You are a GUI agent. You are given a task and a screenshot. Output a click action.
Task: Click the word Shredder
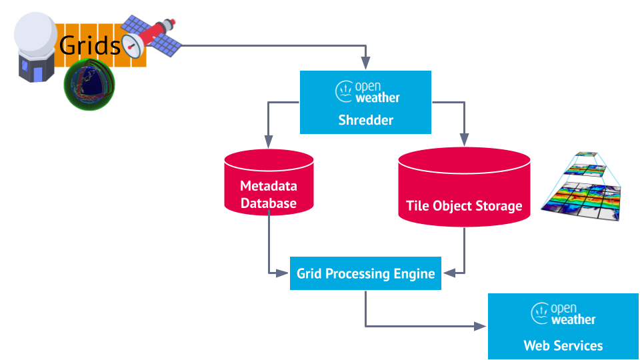(366, 120)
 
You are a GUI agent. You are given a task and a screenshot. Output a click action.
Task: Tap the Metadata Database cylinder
(269, 182)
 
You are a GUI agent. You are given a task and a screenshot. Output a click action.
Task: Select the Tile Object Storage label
(464, 206)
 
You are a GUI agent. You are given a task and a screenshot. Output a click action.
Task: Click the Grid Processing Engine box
(365, 273)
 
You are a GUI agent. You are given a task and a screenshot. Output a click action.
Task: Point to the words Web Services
(563, 346)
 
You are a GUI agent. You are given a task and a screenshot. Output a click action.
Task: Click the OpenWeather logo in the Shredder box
(367, 92)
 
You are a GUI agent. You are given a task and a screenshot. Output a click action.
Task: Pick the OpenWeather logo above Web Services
(563, 313)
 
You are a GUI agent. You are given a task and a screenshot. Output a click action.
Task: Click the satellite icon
(149, 37)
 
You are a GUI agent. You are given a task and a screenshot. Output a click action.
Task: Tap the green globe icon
(89, 85)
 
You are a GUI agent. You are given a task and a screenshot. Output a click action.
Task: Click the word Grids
(90, 45)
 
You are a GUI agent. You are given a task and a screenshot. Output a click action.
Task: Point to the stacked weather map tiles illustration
(581, 187)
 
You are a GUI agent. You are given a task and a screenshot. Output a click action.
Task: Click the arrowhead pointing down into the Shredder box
(366, 63)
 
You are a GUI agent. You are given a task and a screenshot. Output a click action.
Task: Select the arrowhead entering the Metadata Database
(269, 141)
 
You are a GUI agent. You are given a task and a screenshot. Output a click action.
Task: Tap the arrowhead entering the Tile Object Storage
(464, 139)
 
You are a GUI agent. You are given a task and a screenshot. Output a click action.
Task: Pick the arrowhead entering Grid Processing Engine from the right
(449, 273)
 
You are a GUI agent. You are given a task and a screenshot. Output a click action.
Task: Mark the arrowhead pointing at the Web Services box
(480, 326)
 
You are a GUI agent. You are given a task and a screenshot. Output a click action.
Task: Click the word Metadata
(269, 186)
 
